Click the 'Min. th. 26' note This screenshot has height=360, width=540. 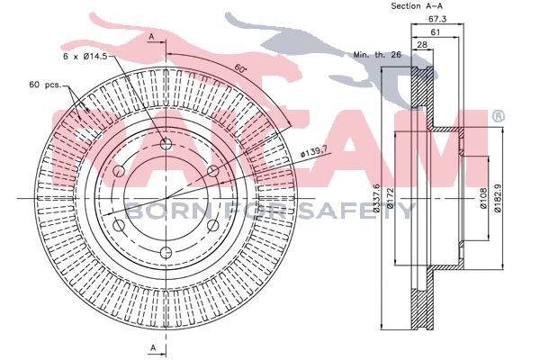376,56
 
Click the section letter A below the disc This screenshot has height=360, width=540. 152,347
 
